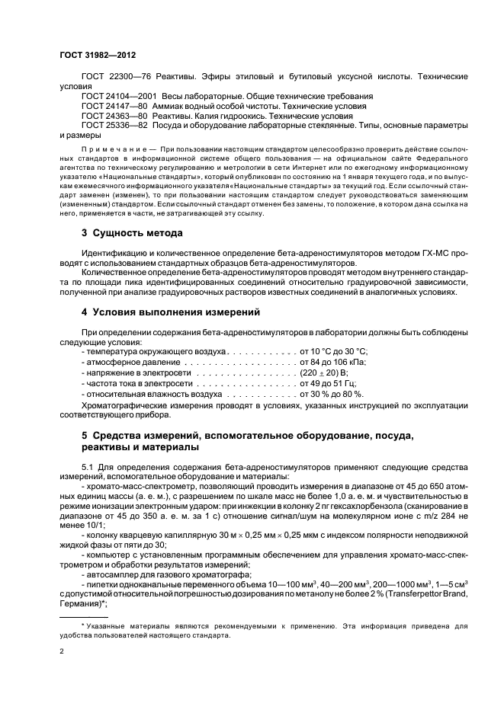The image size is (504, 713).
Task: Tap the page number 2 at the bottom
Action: click(62, 651)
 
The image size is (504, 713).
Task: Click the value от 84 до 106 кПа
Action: click(334, 363)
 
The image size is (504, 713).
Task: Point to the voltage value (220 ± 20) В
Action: click(324, 373)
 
